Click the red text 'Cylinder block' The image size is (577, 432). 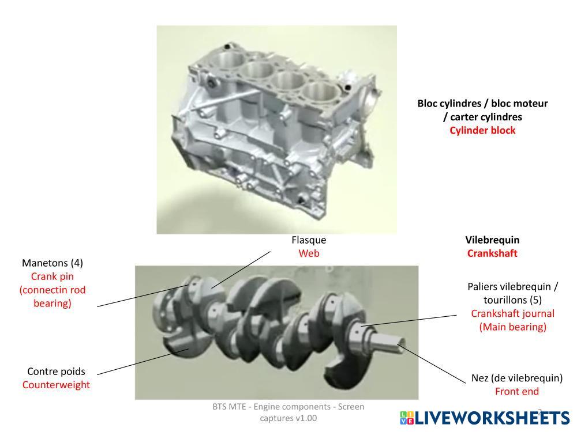(x=482, y=130)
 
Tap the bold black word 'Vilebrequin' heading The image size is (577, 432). (x=492, y=240)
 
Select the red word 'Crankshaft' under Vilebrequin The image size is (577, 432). (x=492, y=253)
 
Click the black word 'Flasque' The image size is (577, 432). (x=309, y=240)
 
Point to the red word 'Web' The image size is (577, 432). (x=309, y=253)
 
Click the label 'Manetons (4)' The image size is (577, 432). (x=53, y=263)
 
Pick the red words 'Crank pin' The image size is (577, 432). (x=53, y=276)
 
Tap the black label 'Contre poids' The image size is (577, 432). (x=56, y=372)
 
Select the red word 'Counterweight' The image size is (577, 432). (x=56, y=385)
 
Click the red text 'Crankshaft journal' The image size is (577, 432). (x=512, y=313)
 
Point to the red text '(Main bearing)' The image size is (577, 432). (x=512, y=327)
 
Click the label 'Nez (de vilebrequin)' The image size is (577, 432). (x=517, y=378)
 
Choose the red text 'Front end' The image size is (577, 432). (x=517, y=391)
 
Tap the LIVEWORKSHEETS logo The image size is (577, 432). (x=485, y=418)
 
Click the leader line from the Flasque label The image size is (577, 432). (x=241, y=270)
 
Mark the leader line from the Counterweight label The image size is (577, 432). (x=143, y=362)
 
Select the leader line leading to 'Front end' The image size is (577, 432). (x=432, y=364)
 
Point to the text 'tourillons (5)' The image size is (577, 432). (x=512, y=300)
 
